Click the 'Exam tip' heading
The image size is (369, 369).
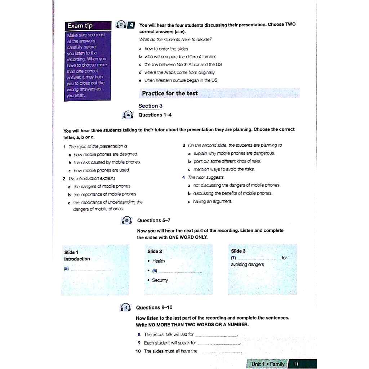coord(80,26)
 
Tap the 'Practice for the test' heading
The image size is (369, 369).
coord(170,93)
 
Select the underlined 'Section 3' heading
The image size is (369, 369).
coord(151,106)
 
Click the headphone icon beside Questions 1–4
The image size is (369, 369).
coord(128,115)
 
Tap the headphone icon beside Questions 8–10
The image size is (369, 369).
coord(126,308)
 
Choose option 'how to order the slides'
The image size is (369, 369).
coord(166,49)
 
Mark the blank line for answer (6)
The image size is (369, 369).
coord(179,271)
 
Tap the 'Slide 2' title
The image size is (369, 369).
coord(155,251)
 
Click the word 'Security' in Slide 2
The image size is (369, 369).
coord(160,280)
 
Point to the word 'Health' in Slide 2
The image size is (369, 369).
coord(159,261)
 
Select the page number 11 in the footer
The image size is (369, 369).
coord(296,364)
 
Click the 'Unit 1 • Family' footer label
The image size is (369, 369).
coord(268,364)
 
